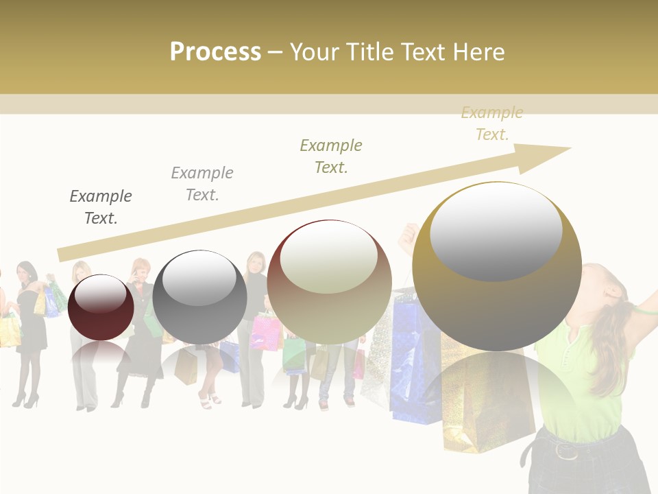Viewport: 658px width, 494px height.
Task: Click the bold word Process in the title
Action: point(215,52)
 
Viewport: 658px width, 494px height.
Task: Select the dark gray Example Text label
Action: point(101,207)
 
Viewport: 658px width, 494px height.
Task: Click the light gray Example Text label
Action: point(202,184)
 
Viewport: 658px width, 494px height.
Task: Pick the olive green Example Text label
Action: point(331,156)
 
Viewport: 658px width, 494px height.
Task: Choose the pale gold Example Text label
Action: point(491,123)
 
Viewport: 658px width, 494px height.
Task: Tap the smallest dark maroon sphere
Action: point(101,307)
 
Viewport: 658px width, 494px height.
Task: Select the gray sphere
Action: point(199,297)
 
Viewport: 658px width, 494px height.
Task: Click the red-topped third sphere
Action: point(329,281)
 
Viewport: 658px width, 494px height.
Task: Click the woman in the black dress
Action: point(30,322)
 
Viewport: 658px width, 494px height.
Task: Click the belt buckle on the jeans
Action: point(566,451)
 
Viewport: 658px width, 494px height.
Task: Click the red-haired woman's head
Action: point(141,268)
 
